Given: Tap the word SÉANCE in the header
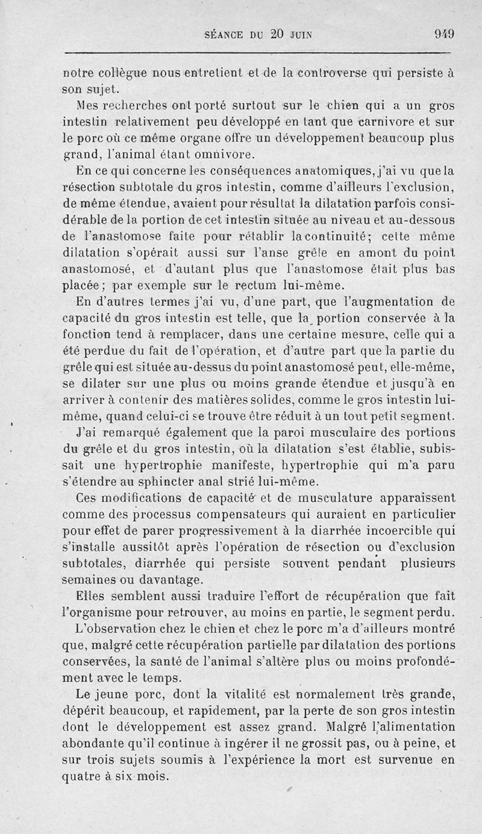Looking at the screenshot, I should point(227,34).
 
